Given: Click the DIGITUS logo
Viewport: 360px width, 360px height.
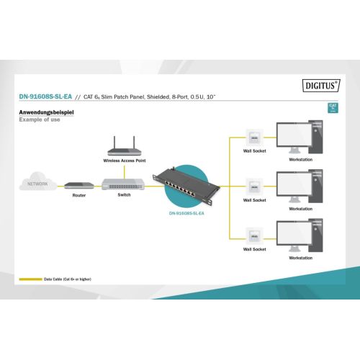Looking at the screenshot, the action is (321, 86).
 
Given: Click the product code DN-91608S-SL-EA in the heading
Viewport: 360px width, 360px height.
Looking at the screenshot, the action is (45, 96).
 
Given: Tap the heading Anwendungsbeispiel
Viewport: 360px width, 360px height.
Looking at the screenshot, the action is (46, 112).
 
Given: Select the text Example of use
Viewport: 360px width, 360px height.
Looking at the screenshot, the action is (40, 120).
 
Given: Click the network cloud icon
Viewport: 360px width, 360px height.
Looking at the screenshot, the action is (38, 181).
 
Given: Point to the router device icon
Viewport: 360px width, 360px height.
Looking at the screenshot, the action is (79, 186).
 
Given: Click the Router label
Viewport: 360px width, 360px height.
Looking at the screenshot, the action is (79, 195).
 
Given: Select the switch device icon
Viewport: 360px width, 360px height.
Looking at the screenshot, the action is (123, 184).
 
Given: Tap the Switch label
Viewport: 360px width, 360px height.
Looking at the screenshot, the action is (124, 195).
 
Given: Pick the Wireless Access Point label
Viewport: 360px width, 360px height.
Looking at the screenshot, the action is (125, 161).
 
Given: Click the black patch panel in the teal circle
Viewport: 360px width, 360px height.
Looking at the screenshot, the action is (186, 186).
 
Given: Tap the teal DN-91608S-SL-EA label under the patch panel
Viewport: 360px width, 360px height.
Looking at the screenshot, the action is (186, 213).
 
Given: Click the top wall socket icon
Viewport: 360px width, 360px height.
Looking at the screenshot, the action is (254, 138).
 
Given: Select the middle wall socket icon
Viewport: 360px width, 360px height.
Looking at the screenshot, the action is (254, 186).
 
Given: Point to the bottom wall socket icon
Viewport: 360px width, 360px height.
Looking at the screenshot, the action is (254, 236).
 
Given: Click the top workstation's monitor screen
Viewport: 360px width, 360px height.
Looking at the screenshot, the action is (294, 135).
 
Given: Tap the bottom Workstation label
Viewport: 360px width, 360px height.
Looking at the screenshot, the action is (301, 258).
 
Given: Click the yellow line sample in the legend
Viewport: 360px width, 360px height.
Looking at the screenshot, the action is (30, 279).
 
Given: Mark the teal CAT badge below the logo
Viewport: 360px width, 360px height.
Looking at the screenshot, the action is (333, 108).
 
